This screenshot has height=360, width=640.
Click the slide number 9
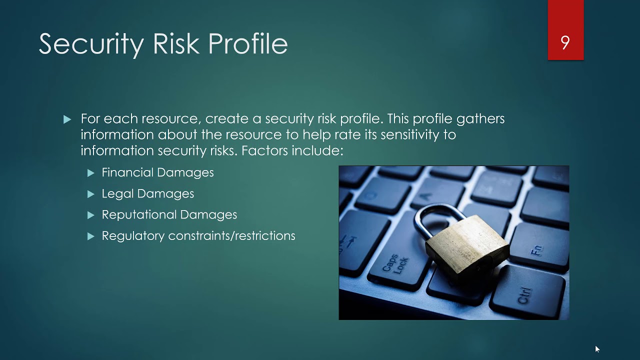tap(565, 43)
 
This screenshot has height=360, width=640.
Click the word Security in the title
tap(91, 44)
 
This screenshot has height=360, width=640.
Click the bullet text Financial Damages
tap(157, 172)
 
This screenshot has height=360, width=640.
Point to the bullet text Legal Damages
tap(147, 193)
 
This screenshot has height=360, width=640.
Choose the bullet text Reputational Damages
tap(169, 214)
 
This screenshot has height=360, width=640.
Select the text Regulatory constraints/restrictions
tap(198, 235)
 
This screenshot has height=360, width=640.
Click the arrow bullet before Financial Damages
tap(90, 173)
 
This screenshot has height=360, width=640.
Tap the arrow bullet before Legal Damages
tap(90, 194)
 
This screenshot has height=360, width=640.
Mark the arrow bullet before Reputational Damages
tap(90, 215)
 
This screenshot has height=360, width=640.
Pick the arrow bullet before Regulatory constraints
tap(90, 236)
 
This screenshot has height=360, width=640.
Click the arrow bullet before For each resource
tap(67, 119)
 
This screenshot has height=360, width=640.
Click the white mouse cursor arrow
tap(597, 349)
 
